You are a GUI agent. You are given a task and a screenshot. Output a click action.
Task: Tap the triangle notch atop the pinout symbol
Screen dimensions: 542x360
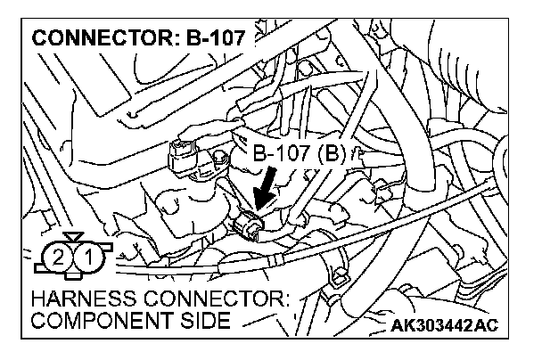72,238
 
